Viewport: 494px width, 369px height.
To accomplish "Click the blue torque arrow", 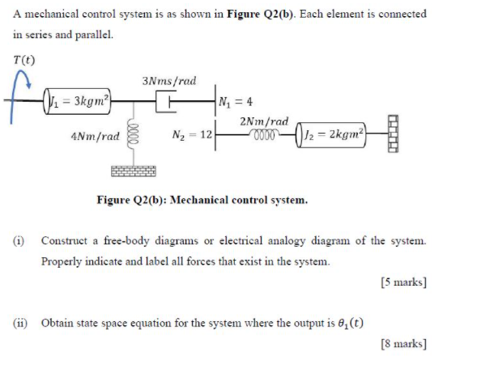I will tap(15, 93).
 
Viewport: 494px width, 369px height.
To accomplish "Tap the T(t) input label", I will tap(23, 59).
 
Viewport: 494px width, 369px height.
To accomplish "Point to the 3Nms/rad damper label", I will tap(168, 81).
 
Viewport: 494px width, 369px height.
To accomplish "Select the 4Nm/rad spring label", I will tap(96, 136).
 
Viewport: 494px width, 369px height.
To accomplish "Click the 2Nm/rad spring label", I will tap(265, 121).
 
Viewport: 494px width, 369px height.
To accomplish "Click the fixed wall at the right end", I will tap(395, 132).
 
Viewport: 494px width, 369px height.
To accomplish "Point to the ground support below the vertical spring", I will tap(134, 171).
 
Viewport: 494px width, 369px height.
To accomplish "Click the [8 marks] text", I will tap(402, 343).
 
